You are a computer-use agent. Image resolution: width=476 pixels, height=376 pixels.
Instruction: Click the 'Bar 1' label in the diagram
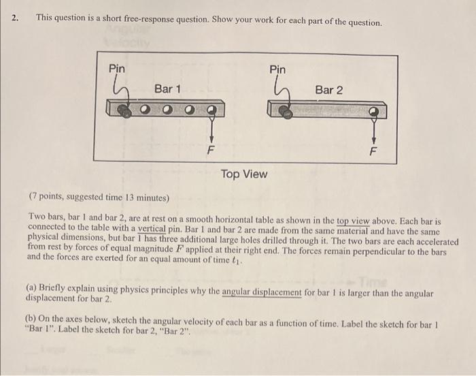[167, 89]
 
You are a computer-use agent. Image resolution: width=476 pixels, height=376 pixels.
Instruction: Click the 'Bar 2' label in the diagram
[329, 89]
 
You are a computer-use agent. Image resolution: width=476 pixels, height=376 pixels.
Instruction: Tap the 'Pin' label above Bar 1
[117, 69]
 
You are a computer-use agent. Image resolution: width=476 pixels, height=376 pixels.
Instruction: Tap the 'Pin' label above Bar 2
[277, 69]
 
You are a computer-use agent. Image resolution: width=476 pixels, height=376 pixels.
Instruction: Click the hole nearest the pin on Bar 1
[145, 109]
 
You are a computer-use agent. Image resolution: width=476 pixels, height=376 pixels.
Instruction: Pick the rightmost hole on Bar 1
[212, 109]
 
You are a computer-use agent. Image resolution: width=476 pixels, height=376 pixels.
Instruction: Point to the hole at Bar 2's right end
[373, 110]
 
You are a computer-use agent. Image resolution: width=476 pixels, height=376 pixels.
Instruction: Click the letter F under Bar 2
[371, 151]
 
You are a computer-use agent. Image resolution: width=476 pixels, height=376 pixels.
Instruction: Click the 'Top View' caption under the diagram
[244, 174]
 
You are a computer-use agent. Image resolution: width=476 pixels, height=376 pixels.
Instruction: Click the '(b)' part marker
[31, 318]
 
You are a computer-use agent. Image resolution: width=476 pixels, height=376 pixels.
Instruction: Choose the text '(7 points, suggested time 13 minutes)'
[99, 198]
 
